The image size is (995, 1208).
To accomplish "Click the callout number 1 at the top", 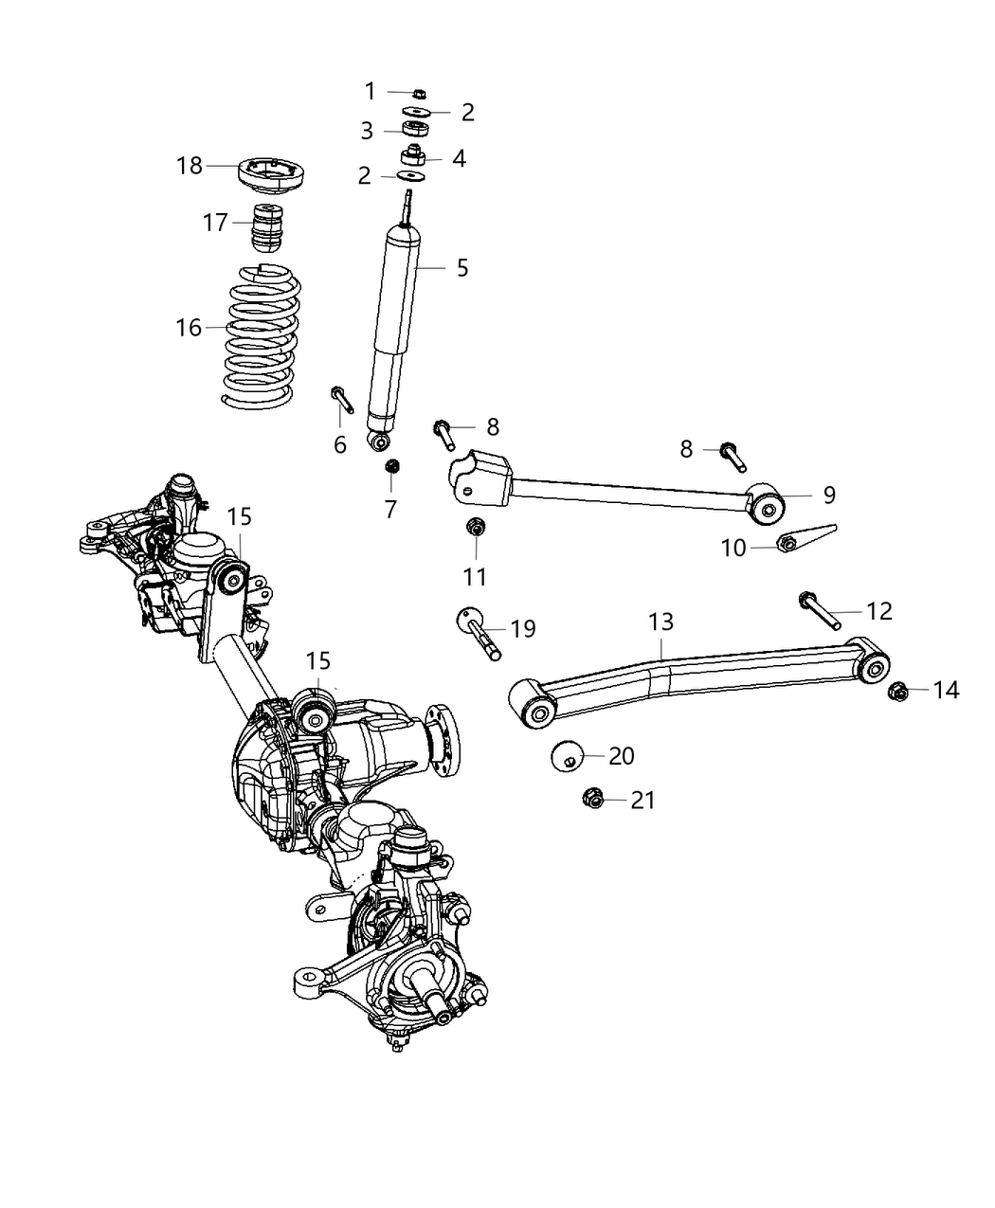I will pos(371,92).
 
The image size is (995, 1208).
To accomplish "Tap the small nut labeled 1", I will pos(419,93).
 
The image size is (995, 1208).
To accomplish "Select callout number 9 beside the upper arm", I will pos(828,494).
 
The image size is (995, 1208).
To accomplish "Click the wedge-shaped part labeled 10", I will pos(805,538).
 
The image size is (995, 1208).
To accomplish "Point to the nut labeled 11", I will pos(476,527).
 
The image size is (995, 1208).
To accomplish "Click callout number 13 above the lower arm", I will pos(660,622).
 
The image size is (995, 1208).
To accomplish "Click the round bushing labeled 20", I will pos(567,756).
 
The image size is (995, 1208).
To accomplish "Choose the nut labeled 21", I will pos(593,801).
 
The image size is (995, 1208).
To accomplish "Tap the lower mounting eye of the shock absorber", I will pos(381,441).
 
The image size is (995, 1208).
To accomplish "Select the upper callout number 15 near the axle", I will pos(240,516).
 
